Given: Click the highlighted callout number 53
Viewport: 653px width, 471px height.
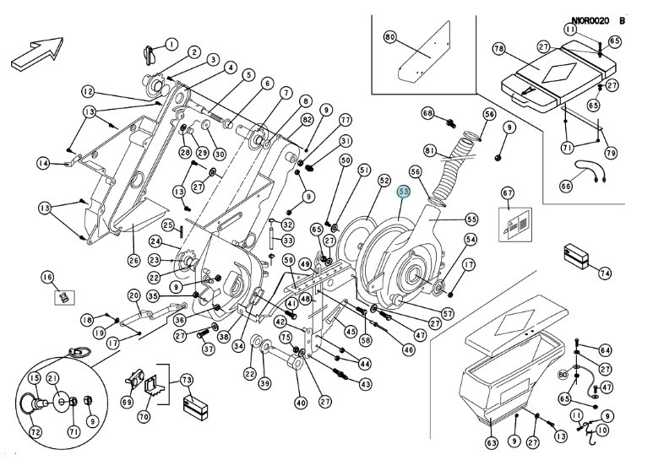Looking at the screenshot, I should tap(405, 192).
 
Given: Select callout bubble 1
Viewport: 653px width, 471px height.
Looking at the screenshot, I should tap(171, 44).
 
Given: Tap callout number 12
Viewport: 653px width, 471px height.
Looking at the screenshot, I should tap(87, 91).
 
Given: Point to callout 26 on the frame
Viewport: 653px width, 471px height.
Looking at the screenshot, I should tap(133, 260).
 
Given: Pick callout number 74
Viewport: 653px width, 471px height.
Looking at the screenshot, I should tap(604, 273).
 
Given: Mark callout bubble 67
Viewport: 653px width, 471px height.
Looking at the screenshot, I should tap(508, 194).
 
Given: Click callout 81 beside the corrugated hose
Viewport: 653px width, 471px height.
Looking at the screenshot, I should tap(430, 151).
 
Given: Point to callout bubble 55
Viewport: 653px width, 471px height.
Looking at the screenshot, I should tap(471, 219).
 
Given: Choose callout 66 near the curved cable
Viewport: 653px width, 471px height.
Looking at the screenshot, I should tap(566, 186).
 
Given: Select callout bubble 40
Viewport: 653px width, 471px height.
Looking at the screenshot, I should tap(300, 403).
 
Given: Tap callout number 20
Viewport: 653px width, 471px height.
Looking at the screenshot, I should tap(133, 295).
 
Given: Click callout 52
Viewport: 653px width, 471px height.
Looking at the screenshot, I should tap(384, 180).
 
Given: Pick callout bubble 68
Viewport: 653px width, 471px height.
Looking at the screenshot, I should tap(427, 113).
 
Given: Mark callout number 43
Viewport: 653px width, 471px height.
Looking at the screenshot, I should tap(365, 384).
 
